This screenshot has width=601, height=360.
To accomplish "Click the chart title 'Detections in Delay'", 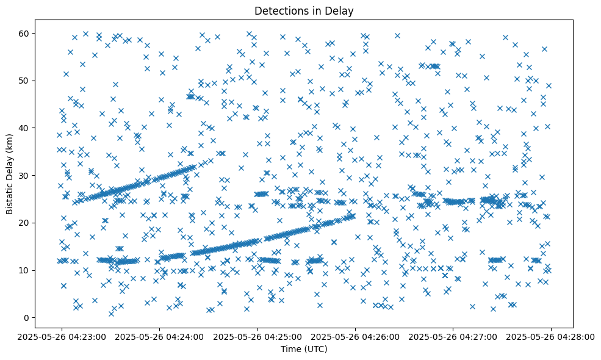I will pos(304,10).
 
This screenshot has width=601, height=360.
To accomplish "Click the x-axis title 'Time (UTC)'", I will pos(304,349).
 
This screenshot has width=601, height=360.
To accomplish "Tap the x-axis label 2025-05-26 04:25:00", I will pos(257,336).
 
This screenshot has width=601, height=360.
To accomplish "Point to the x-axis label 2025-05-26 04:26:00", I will pos(356,336).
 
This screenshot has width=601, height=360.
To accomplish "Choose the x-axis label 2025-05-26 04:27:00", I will pos(453,336).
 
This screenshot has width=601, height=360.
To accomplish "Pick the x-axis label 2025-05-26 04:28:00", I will pos(552,336).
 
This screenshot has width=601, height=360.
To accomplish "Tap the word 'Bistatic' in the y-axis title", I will pos(10,196).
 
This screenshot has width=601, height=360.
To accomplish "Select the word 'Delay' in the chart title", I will pos(341,10).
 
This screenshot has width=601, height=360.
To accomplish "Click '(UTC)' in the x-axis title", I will pos(315,349).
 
